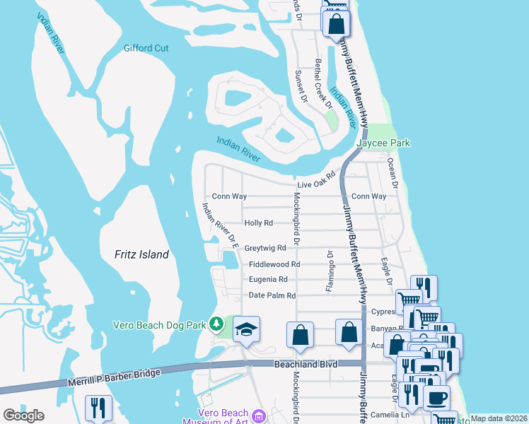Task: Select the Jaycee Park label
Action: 383,143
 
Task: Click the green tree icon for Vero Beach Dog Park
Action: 218,325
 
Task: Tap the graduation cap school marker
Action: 246,329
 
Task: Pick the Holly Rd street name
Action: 258,223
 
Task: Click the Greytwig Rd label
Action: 265,248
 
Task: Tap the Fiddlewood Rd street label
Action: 274,264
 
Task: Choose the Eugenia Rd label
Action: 268,280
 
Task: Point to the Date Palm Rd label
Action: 272,295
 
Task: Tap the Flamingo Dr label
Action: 329,271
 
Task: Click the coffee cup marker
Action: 436,396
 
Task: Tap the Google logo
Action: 24,415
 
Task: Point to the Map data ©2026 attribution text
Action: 499,418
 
